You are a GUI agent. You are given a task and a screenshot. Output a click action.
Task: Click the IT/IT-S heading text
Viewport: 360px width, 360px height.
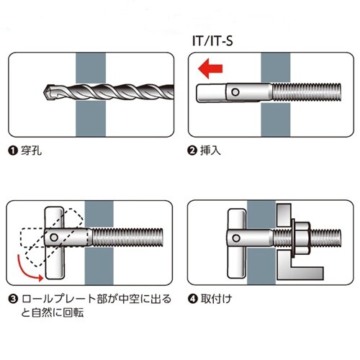215,42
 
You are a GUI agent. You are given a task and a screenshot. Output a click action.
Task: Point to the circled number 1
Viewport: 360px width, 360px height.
13,153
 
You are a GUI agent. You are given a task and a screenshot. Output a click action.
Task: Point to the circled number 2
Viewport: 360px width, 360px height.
192,153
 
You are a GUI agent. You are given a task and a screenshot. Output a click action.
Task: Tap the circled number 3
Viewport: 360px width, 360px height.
13,299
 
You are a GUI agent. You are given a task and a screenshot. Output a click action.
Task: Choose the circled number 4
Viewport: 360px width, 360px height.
192,299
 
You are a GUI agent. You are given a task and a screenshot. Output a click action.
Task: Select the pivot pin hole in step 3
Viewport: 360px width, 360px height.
53,238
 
